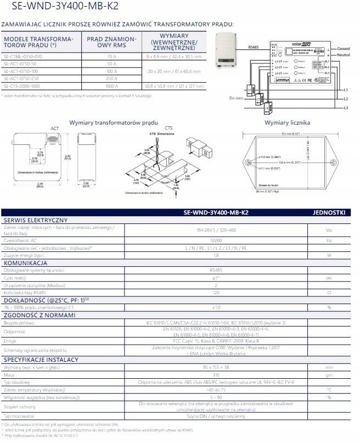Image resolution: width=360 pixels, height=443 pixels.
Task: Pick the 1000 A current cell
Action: [111, 86]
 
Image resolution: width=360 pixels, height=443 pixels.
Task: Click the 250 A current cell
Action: [111, 78]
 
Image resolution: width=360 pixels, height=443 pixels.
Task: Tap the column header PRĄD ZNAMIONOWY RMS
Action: [111, 42]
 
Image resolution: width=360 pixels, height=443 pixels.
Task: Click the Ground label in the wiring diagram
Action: [344, 49]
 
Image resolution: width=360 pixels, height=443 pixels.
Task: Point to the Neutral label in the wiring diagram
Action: [344, 55]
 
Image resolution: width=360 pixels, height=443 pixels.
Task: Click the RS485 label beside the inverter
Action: [254, 48]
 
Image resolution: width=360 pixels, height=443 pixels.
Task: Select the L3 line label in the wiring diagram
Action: [346, 108]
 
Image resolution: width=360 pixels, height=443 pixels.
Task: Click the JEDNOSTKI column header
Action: [329, 212]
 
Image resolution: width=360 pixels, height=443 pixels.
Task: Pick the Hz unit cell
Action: [329, 240]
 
